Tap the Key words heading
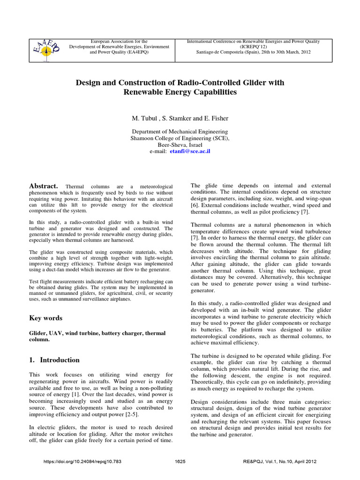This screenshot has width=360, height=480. click(x=45, y=318)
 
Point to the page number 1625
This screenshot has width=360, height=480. click(x=180, y=462)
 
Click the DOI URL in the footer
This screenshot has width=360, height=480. click(x=82, y=462)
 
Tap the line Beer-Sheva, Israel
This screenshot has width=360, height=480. click(x=180, y=145)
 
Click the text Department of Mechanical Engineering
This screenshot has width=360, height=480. click(x=180, y=132)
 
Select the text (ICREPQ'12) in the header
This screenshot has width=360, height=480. click(x=253, y=47)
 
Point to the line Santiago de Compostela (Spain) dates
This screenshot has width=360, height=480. click(x=253, y=52)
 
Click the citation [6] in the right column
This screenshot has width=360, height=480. click(x=194, y=205)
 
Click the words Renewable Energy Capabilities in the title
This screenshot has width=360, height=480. click(x=180, y=92)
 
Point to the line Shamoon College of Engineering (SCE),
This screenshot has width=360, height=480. click(x=180, y=139)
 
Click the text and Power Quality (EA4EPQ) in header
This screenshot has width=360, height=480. click(x=115, y=52)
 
